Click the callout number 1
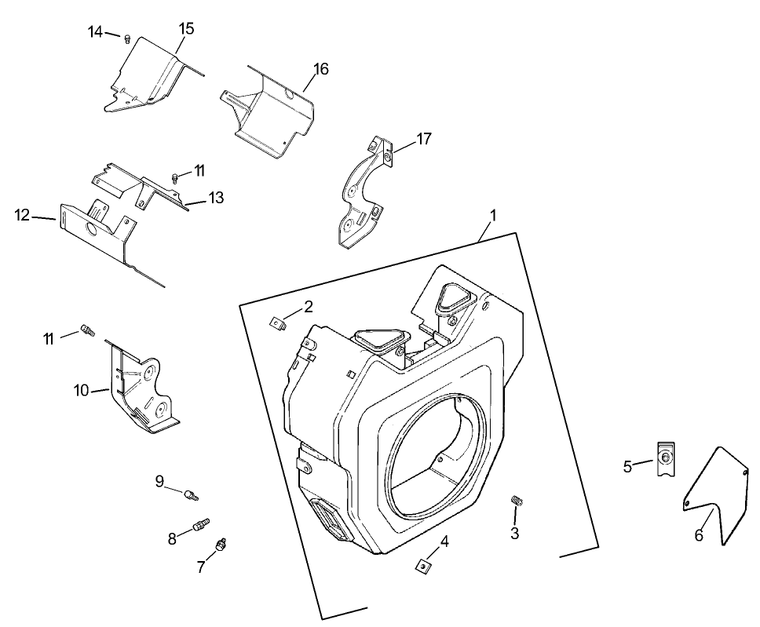coord(494,214)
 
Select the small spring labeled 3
coord(517,501)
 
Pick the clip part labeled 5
coord(666,459)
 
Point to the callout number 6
coord(699,535)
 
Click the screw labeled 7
coord(221,544)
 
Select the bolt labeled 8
coord(201,523)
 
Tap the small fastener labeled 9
coord(190,494)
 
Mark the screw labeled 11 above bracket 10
coord(87,331)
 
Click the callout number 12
coord(23,215)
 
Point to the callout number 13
coord(216,198)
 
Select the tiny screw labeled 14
coord(127,37)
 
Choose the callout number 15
coord(186,28)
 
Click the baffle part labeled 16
coord(267,110)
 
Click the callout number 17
coord(424,139)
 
